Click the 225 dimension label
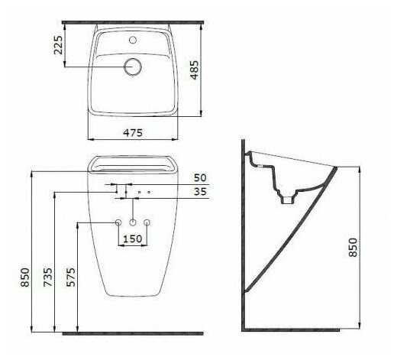[x=58, y=45]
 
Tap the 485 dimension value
[x=195, y=70]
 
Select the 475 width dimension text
[x=133, y=133]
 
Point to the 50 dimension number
[x=200, y=178]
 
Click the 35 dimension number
[x=200, y=192]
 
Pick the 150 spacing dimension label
[x=133, y=239]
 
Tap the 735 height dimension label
[x=47, y=277]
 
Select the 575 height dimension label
[x=70, y=277]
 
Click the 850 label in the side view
[x=353, y=247]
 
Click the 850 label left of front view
[x=25, y=277]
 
